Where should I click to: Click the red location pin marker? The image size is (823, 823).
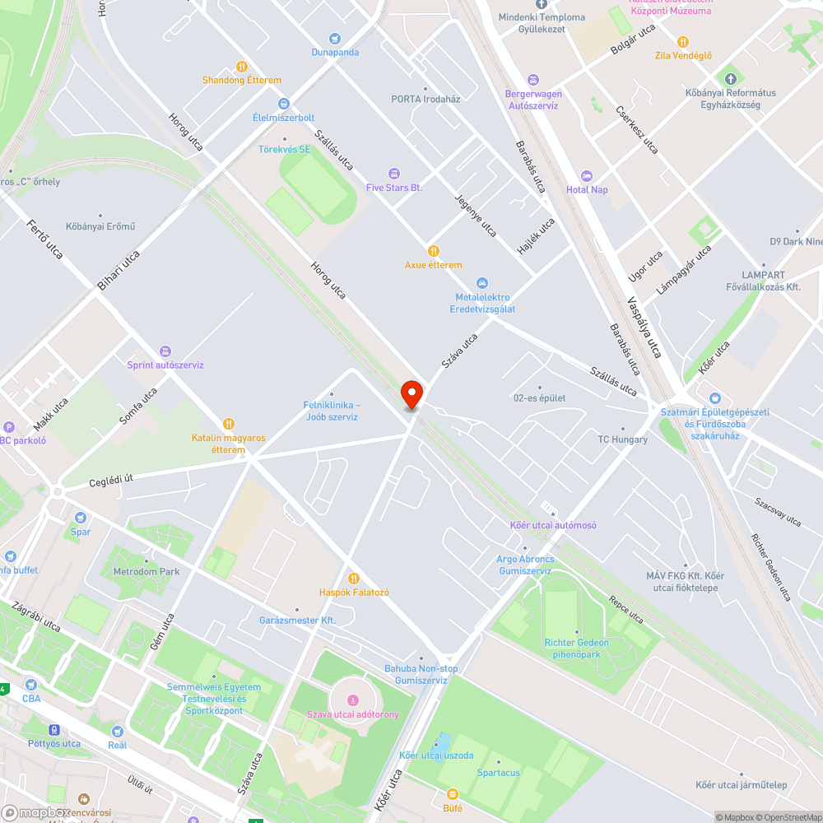(411, 393)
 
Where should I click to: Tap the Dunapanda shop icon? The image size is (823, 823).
(334, 39)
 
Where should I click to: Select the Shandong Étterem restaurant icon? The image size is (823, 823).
(241, 67)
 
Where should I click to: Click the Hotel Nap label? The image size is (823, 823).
(587, 189)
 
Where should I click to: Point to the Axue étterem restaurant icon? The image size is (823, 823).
(433, 251)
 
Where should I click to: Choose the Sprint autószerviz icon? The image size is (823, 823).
(165, 351)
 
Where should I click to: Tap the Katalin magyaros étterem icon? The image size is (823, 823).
(229, 424)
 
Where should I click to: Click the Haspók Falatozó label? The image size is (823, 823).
(354, 593)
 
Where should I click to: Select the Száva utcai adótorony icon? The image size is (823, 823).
(353, 700)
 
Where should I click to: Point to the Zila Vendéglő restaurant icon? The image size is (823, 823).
(682, 42)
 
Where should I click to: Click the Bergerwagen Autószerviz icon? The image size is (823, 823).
(533, 80)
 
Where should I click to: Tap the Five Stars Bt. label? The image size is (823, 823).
(393, 188)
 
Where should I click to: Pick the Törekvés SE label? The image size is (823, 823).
(285, 149)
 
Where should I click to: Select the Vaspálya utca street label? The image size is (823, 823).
(644, 327)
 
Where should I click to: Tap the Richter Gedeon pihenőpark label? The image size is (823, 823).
(576, 649)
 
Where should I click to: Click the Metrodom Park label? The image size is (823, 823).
(146, 571)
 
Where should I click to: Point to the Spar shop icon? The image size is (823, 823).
(81, 518)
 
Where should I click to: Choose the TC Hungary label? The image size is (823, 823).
(622, 439)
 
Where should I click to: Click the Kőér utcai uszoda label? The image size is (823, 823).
(436, 756)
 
